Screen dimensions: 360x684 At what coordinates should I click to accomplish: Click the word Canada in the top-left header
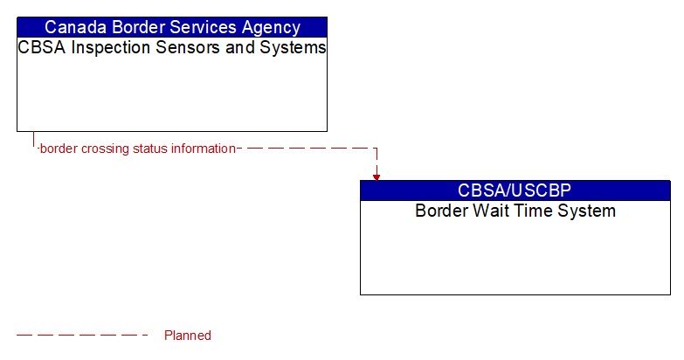(73, 27)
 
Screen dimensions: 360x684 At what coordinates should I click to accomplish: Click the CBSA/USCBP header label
(515, 190)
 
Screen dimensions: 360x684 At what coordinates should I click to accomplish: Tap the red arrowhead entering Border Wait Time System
(377, 176)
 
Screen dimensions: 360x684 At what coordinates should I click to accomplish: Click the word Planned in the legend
(188, 336)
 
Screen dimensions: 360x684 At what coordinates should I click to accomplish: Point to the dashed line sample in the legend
(82, 335)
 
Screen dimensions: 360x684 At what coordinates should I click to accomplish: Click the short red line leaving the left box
(33, 140)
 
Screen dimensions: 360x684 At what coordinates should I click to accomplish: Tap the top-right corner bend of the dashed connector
(377, 149)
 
